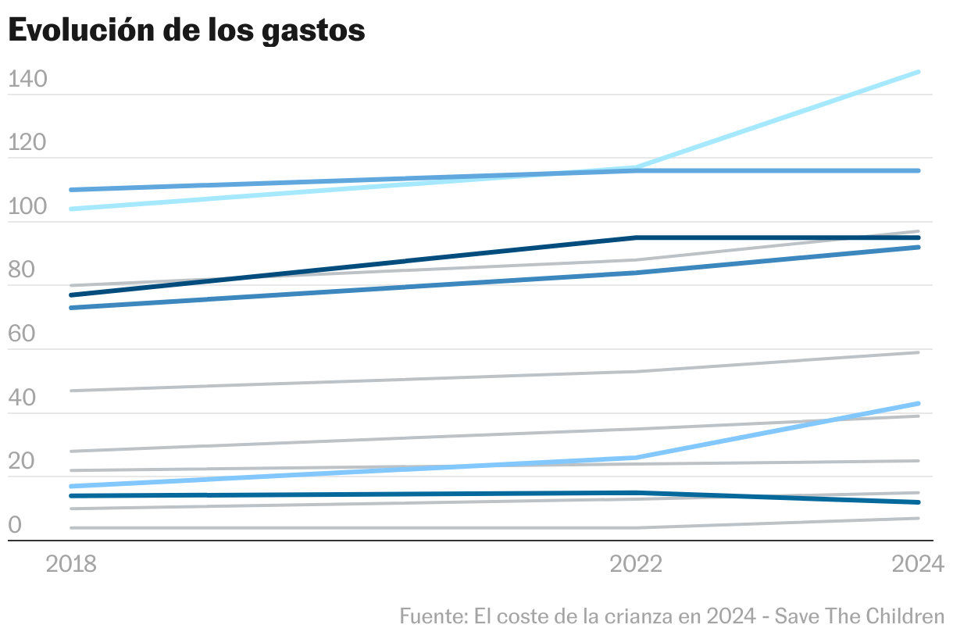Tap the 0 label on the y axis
point(15,526)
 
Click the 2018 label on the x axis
point(71,564)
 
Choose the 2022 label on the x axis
point(636,564)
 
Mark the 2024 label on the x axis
point(918,564)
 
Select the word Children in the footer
point(905,616)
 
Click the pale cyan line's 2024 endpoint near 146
point(919,72)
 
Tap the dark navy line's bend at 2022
point(637,237)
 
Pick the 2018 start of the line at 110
point(71,190)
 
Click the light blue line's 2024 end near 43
point(919,403)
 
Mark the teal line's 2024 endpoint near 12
point(919,502)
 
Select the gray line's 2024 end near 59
point(919,352)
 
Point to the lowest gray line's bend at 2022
point(637,528)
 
